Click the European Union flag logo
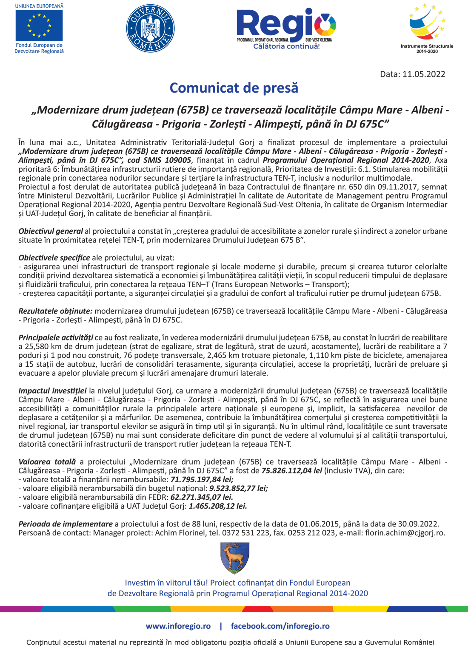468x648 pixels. click(39, 25)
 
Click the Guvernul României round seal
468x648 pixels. click(150, 28)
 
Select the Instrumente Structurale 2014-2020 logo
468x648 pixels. click(427, 28)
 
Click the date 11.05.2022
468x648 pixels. click(424, 74)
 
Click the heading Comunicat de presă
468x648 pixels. click(234, 88)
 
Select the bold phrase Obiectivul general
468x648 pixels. click(50, 231)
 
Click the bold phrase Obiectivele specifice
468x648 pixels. click(54, 258)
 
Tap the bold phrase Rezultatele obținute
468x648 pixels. click(55, 311)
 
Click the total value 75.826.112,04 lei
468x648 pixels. click(291, 471)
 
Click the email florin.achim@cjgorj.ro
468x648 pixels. click(405, 533)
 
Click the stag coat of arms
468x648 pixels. click(235, 557)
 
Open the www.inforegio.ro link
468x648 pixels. click(178, 626)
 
